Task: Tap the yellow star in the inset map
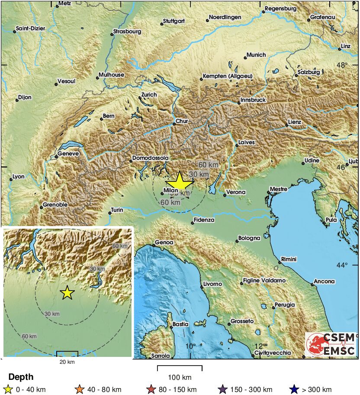(67, 293)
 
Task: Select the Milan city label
(171, 190)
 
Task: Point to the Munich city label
(256, 55)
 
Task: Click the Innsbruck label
(253, 100)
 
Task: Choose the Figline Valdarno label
(264, 281)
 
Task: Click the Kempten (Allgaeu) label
(227, 77)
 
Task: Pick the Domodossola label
(150, 158)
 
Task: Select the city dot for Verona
(225, 195)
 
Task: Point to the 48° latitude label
(343, 65)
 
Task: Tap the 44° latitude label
(343, 265)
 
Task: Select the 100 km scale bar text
(180, 377)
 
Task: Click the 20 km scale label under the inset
(67, 362)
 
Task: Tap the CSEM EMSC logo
(331, 344)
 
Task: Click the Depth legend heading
(21, 377)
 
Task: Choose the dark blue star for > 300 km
(294, 389)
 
